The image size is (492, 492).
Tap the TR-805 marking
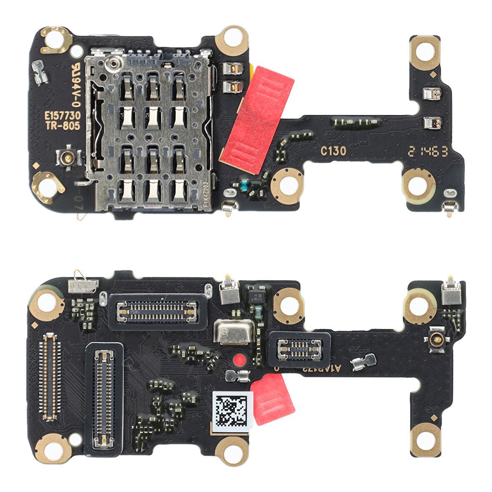pyautogui.click(x=63, y=126)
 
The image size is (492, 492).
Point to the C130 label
pyautogui.click(x=333, y=151)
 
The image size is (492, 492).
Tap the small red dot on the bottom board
pyautogui.click(x=239, y=360)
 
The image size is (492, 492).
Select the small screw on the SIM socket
pyautogui.click(x=112, y=63)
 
